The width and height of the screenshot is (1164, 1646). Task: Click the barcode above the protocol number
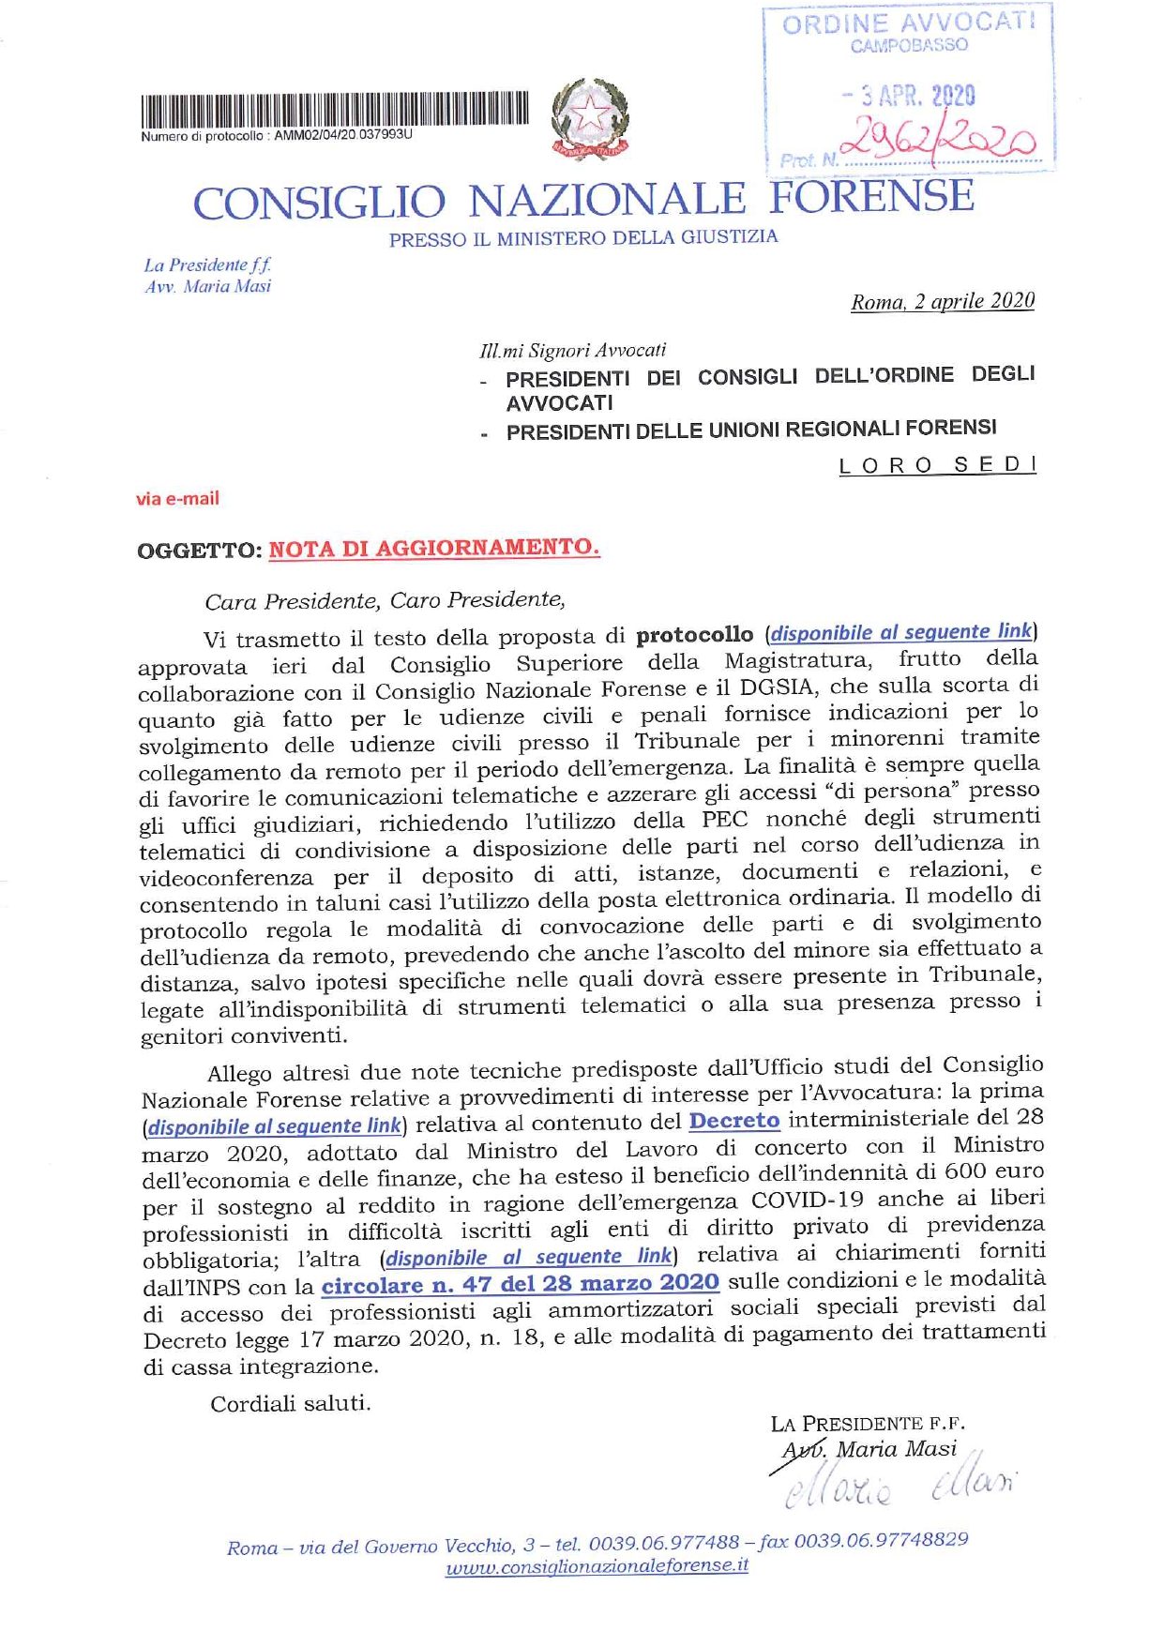335,110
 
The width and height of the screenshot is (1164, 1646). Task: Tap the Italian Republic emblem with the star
590,118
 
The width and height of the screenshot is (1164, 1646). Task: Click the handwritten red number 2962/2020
939,141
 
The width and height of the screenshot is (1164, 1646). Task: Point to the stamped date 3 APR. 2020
908,96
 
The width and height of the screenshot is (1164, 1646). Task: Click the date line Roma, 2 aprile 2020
942,302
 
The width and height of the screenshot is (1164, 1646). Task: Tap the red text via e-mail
177,499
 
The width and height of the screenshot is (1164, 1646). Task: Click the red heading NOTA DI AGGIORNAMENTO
433,548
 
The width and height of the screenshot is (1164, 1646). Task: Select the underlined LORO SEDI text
937,465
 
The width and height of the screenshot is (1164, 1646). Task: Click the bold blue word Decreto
734,1121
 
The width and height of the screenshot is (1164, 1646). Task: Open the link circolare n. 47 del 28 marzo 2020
521,1283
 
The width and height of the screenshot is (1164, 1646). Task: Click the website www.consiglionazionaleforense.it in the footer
597,1567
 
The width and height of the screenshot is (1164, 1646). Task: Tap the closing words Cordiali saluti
290,1404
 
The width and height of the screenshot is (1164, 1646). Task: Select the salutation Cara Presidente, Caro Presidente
385,600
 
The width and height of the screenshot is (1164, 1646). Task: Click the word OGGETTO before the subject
198,551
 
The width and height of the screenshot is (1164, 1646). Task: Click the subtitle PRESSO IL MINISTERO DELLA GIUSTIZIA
583,238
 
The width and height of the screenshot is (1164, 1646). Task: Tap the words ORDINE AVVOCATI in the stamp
909,23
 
